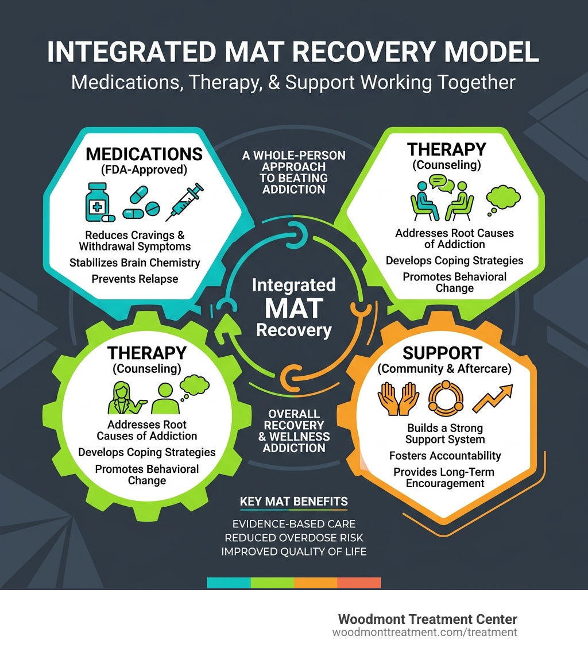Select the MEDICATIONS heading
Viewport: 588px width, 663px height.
[144, 154]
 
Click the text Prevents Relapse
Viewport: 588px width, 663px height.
[136, 279]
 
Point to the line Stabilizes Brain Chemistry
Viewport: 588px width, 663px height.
[135, 263]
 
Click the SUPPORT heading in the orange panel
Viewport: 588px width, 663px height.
[442, 352]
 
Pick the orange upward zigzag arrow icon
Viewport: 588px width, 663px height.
[493, 398]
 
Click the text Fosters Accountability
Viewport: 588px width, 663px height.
[445, 456]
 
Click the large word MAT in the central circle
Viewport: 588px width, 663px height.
[293, 308]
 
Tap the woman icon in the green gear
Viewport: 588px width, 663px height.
[123, 396]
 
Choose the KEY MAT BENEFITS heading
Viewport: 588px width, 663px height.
[293, 502]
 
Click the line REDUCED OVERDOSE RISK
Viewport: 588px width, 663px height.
[294, 538]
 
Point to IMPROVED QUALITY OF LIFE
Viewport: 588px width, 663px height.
[294, 552]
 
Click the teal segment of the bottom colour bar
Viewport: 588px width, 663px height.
[229, 583]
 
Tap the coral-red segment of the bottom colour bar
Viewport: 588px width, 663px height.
[359, 583]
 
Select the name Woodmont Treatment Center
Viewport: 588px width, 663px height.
[428, 619]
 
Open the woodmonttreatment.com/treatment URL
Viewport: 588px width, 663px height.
[425, 633]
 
